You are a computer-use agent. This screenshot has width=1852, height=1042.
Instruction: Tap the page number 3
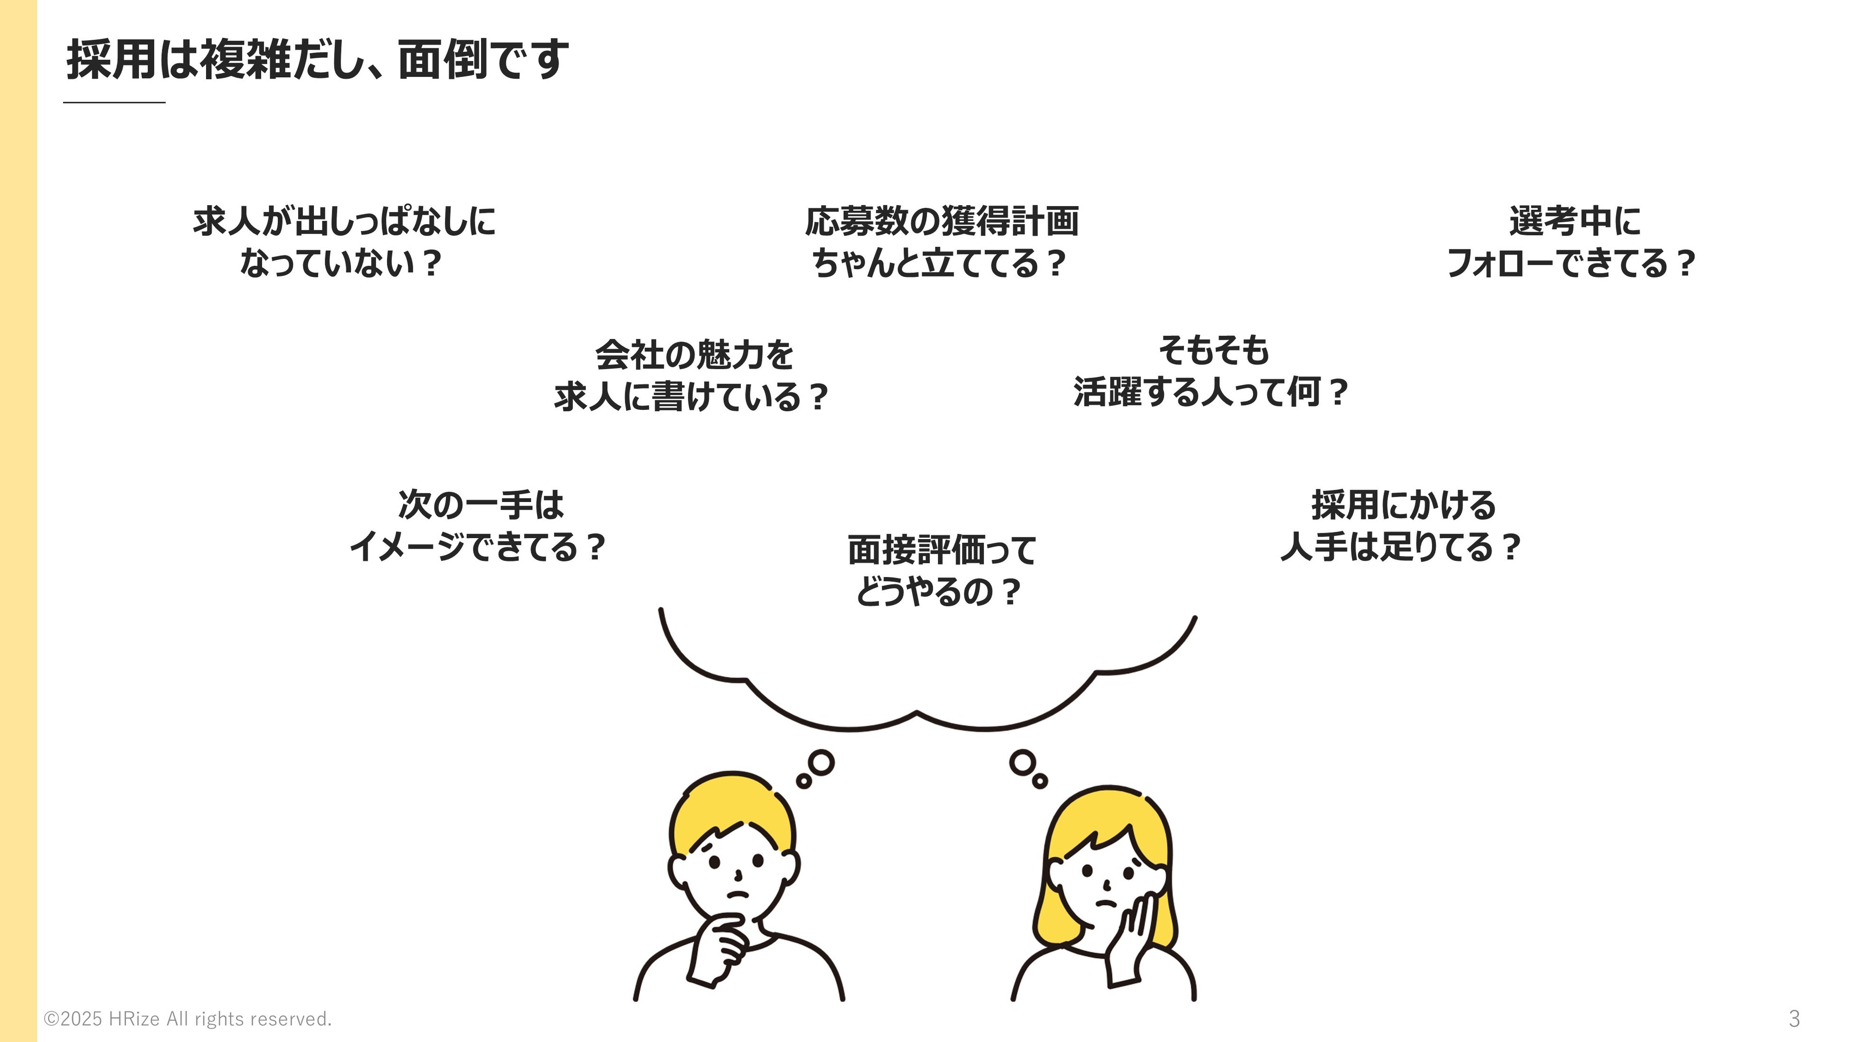[x=1794, y=1018]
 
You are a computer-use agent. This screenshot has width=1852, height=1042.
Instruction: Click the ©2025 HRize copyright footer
[x=188, y=1019]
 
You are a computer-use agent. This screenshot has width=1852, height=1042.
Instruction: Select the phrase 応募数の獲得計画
[x=941, y=221]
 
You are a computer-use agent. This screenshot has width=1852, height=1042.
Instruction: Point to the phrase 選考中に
[x=1575, y=221]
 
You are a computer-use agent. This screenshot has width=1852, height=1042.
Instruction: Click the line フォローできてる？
[x=1571, y=263]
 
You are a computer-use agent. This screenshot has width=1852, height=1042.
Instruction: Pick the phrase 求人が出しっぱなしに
[x=344, y=221]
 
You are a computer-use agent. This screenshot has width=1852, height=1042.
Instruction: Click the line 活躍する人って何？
[x=1211, y=393]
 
